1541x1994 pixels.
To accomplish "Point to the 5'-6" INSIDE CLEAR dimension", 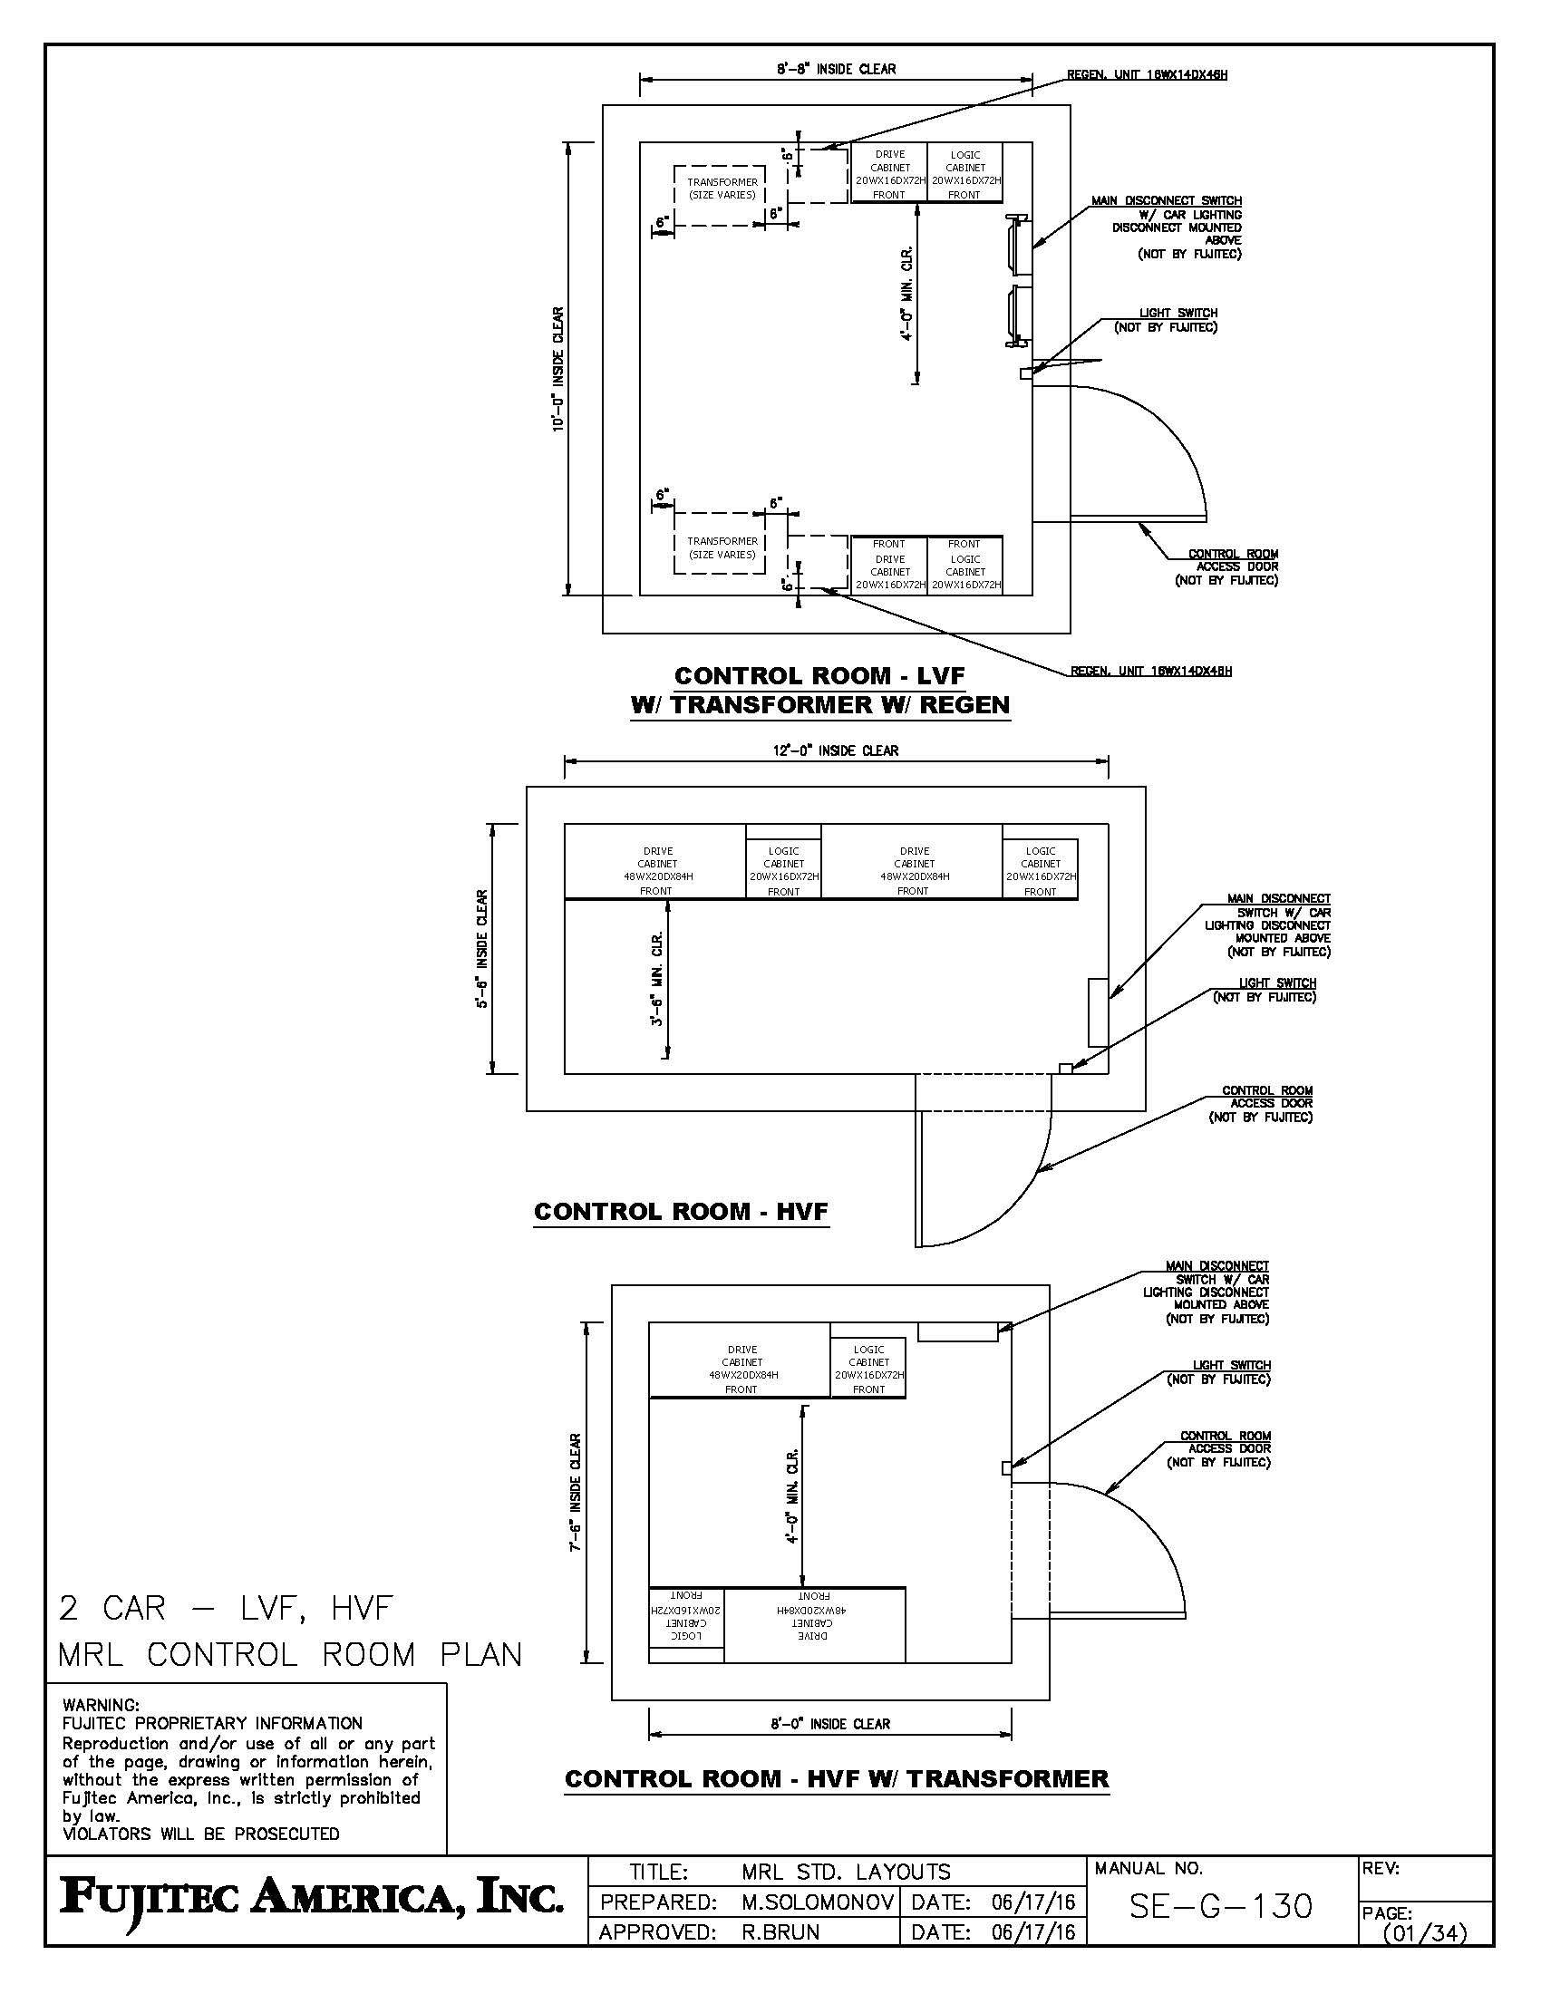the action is pyautogui.click(x=482, y=948).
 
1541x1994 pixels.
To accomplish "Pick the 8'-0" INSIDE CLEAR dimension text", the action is pyautogui.click(x=829, y=1724).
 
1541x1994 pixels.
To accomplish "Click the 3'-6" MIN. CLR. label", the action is pyautogui.click(x=656, y=979).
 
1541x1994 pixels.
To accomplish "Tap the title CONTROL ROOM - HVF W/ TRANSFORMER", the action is pyautogui.click(x=837, y=1778).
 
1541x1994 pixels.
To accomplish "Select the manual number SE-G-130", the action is pyautogui.click(x=1221, y=1906).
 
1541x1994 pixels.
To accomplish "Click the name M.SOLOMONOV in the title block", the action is pyautogui.click(x=817, y=1902).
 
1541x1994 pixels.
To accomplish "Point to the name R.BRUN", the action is pyautogui.click(x=780, y=1932).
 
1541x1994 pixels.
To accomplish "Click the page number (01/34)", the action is pyautogui.click(x=1424, y=1934).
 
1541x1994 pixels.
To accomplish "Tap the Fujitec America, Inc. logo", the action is pyautogui.click(x=311, y=1902).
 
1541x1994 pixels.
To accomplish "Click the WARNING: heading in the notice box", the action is pyautogui.click(x=101, y=1705).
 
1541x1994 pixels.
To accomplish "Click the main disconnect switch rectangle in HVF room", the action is pyautogui.click(x=1099, y=1012).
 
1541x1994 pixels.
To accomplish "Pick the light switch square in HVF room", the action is pyautogui.click(x=1064, y=1069).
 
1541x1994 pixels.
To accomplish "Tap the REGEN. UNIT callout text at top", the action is pyautogui.click(x=1148, y=74).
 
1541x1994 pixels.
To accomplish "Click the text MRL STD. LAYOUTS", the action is pyautogui.click(x=847, y=1873).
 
